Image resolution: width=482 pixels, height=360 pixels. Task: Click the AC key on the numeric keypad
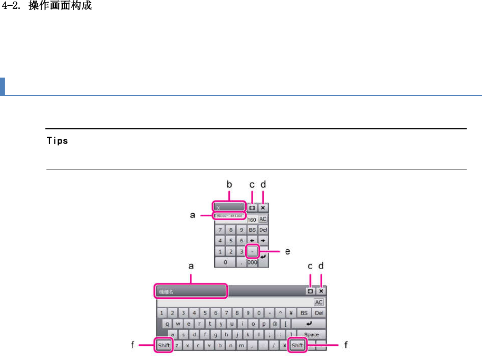click(263, 219)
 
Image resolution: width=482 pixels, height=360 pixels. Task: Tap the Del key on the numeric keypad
click(263, 230)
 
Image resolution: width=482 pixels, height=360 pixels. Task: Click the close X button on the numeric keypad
click(263, 208)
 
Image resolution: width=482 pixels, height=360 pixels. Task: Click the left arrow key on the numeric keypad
click(253, 241)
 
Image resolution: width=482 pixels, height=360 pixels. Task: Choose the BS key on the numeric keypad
click(253, 230)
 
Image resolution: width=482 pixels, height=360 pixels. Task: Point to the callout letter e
click(287, 252)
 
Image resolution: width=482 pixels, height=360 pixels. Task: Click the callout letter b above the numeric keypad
click(229, 185)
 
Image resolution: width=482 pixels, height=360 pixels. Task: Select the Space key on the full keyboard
click(312, 334)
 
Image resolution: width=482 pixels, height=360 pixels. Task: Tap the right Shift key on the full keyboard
click(297, 345)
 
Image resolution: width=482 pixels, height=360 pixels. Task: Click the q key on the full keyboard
click(167, 324)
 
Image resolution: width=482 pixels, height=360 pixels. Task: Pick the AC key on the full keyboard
click(319, 302)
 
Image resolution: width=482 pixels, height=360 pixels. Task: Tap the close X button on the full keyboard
click(321, 291)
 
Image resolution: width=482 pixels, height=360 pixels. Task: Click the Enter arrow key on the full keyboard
click(309, 324)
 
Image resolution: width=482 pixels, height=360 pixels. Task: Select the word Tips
click(57, 141)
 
